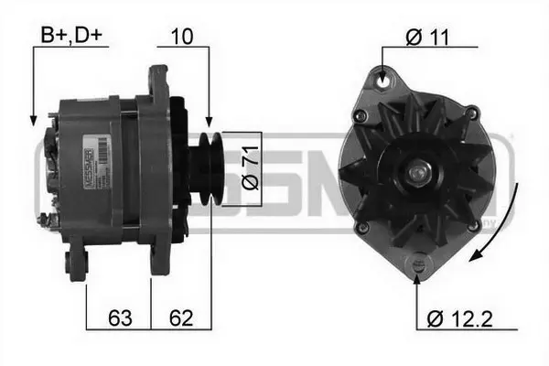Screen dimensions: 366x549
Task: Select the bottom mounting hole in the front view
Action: (419, 262)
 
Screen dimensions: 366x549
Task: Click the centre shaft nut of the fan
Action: (418, 171)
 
